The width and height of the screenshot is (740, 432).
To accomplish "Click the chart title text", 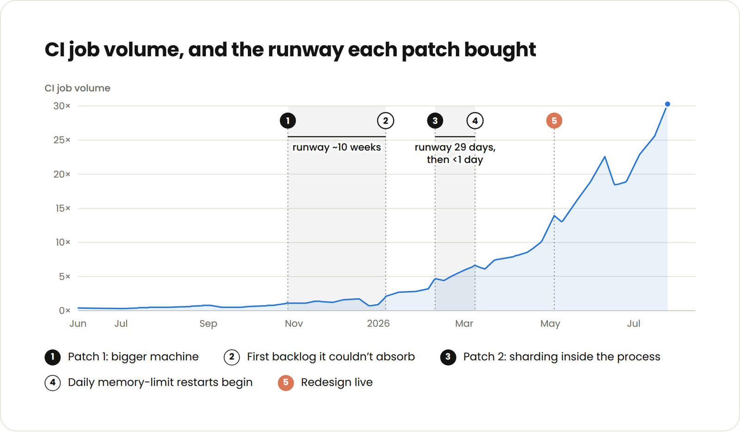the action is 290,50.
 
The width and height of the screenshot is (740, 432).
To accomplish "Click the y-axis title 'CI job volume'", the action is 77,88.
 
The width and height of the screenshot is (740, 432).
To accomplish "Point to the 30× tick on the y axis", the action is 62,106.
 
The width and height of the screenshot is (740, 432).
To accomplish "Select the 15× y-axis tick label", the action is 63,209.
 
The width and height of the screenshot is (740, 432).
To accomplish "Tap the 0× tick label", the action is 65,310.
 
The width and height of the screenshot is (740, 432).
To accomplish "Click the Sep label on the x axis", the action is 208,323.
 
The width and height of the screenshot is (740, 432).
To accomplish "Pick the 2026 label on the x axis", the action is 378,323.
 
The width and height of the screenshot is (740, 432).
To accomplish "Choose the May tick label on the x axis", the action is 550,323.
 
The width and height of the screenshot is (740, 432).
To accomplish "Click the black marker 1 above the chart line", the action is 288,121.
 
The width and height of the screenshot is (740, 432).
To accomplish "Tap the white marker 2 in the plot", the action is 386,121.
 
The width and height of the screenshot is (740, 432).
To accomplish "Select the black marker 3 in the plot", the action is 435,121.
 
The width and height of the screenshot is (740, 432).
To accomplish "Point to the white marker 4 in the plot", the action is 475,121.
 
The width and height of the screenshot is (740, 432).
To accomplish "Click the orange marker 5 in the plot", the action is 555,121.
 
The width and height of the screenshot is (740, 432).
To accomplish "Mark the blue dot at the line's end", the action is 667,104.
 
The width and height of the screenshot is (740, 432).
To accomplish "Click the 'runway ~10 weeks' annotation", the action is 337,147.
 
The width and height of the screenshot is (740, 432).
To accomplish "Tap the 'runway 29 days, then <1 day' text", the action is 455,153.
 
